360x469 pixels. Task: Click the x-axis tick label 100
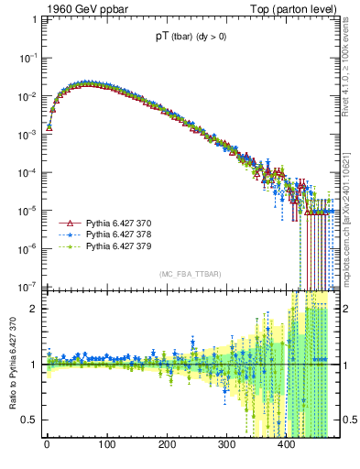click(x=106, y=444)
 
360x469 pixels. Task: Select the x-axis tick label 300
click(x=226, y=444)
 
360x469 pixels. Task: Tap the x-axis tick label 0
click(x=47, y=444)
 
